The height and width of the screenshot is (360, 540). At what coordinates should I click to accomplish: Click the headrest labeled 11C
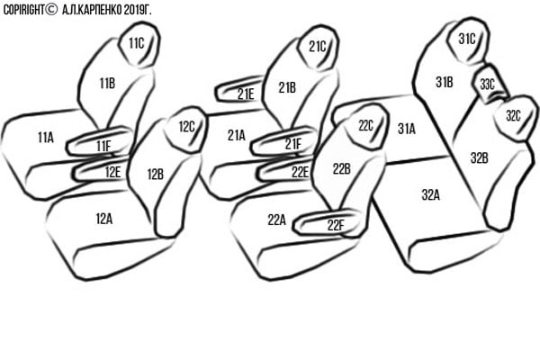click(139, 44)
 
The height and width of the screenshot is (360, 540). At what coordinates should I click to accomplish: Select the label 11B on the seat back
click(107, 84)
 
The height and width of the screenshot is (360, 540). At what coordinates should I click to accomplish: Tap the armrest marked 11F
click(100, 141)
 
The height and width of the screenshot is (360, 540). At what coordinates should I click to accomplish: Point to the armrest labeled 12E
click(102, 169)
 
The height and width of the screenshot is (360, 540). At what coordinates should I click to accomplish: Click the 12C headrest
click(186, 130)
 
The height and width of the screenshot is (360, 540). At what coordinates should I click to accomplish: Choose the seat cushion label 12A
click(104, 219)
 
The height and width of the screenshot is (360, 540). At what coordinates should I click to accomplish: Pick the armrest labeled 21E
click(238, 90)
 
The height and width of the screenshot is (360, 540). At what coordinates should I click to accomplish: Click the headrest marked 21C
click(319, 47)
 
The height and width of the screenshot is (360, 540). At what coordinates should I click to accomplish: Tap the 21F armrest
click(284, 141)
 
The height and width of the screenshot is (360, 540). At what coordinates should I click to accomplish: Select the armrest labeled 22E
click(285, 169)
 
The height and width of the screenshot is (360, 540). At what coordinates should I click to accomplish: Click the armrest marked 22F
click(328, 222)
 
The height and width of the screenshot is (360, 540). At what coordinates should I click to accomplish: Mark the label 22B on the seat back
click(342, 169)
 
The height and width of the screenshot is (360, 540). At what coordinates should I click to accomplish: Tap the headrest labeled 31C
click(468, 40)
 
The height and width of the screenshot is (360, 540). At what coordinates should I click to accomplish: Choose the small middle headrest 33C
click(490, 84)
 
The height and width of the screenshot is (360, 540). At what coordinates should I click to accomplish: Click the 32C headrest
click(515, 118)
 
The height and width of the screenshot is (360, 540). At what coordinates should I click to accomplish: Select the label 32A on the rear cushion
click(431, 195)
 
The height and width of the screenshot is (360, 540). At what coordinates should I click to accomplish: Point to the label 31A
click(407, 129)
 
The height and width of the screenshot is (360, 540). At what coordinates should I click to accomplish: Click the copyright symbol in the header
click(51, 9)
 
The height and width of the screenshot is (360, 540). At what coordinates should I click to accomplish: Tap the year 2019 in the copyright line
click(133, 10)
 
